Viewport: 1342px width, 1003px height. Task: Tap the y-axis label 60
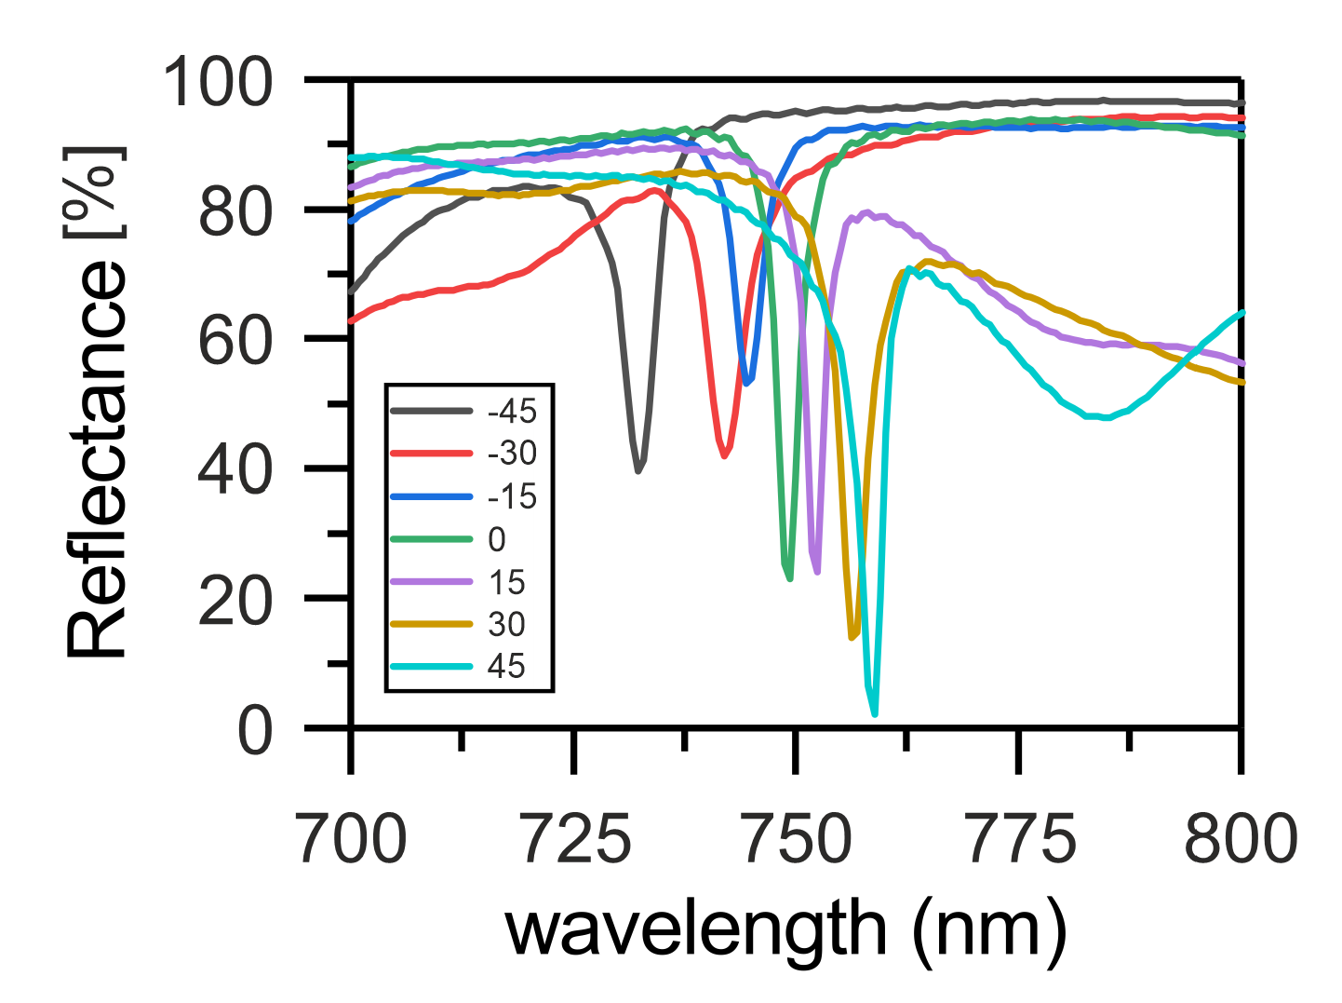[x=235, y=342]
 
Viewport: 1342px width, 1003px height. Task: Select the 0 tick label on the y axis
[x=255, y=730]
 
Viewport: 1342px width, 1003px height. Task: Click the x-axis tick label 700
[x=352, y=839]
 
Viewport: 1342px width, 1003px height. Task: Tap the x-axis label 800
[x=1240, y=839]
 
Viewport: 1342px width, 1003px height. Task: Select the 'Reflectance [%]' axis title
[x=95, y=402]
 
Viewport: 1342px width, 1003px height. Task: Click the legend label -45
[x=513, y=411]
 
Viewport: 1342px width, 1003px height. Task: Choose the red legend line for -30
[x=432, y=454]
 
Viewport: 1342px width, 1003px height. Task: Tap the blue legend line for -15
[x=432, y=496]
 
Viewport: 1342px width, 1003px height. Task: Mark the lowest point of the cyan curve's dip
[x=875, y=714]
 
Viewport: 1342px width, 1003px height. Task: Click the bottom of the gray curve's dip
[x=638, y=471]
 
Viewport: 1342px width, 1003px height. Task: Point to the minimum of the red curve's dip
[x=724, y=456]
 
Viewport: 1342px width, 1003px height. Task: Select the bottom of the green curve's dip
[x=790, y=579]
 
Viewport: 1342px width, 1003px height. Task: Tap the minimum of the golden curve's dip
[x=852, y=638]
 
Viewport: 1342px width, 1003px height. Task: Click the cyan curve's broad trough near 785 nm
[x=1105, y=418]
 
